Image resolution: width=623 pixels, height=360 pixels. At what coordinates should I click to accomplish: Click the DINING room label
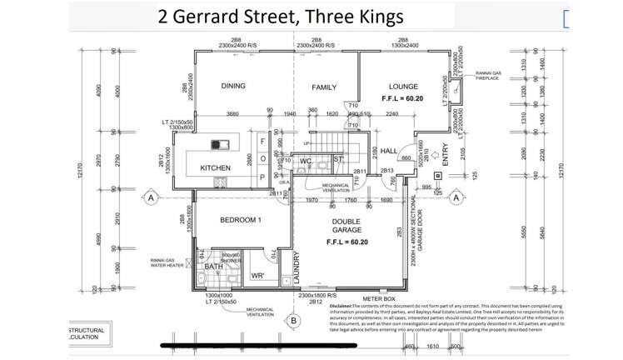click(237, 87)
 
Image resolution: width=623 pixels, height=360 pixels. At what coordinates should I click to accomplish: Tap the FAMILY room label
click(324, 87)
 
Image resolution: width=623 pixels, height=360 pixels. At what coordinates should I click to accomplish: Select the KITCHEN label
click(215, 168)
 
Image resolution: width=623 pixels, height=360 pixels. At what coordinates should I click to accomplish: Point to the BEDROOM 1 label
click(242, 220)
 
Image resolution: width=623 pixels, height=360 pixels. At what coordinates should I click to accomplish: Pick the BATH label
click(214, 267)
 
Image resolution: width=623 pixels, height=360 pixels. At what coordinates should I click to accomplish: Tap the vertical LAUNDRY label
click(296, 268)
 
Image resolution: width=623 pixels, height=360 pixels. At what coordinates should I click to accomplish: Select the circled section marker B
click(293, 320)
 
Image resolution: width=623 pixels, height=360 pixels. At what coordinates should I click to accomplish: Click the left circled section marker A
click(151, 197)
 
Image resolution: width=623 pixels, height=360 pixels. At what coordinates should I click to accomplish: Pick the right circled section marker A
click(456, 197)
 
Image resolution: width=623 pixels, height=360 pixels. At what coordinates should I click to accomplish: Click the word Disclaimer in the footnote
click(348, 307)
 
